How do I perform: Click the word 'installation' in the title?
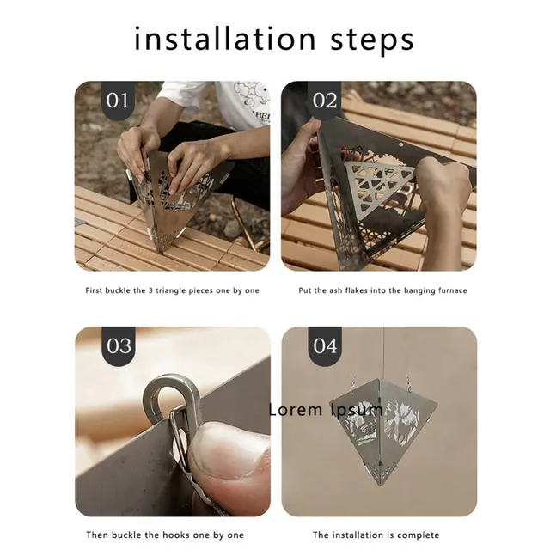pos(223,39)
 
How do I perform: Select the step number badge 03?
pos(119,346)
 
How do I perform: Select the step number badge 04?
pos(325,346)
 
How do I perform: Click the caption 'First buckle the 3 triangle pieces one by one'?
pos(172,290)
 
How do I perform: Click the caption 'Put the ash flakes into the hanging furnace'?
pos(383,290)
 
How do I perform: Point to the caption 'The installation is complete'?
pos(376,535)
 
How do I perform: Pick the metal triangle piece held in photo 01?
pos(176,193)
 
